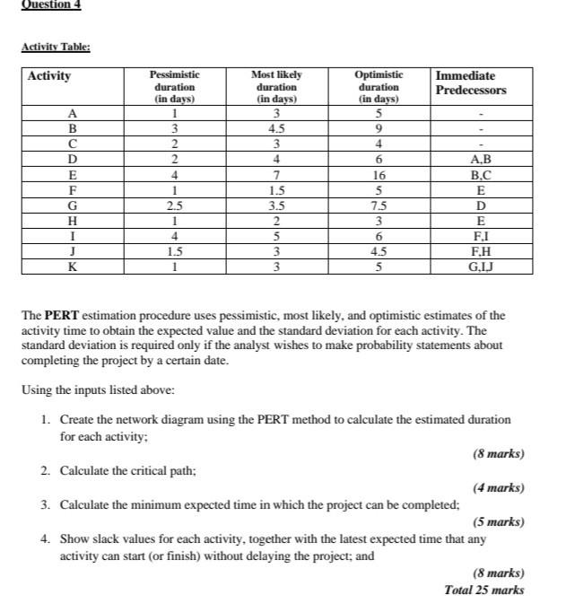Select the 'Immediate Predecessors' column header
point(471,83)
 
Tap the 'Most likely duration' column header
point(276,87)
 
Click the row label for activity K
point(72,267)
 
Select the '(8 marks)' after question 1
point(498,454)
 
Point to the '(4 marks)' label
point(498,488)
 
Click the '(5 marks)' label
point(498,521)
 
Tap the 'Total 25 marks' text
point(484,590)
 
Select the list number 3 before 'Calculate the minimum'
point(44,504)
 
